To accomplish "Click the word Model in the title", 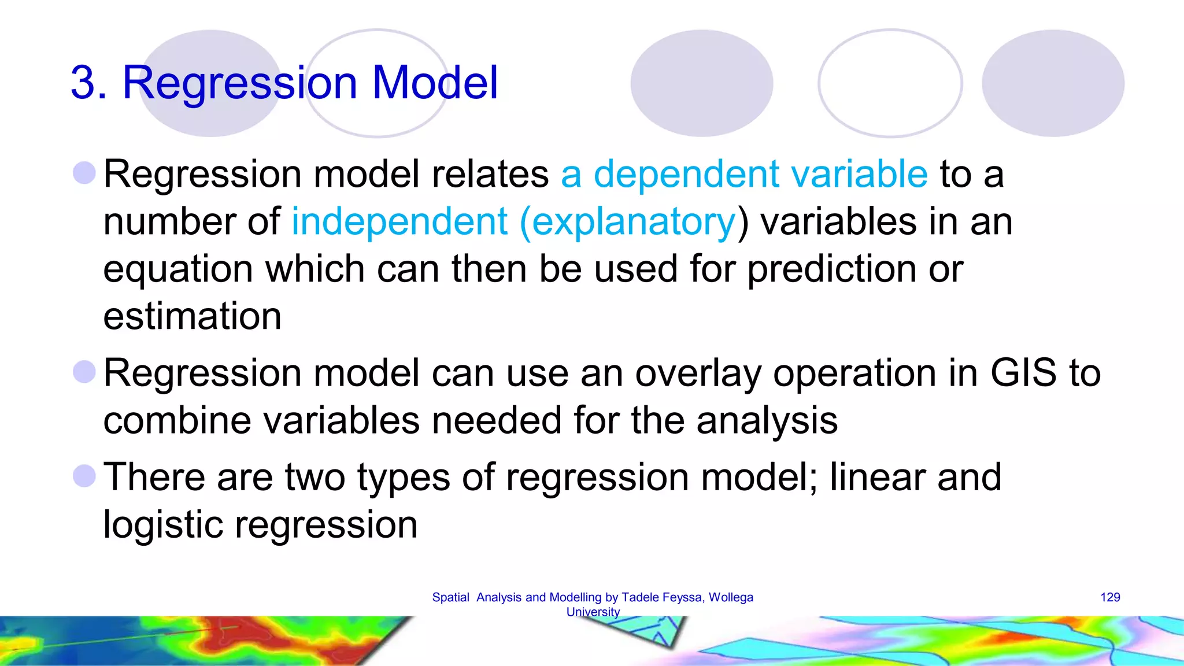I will pos(435,82).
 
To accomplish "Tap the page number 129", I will pos(1110,597).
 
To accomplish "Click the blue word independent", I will pos(399,221).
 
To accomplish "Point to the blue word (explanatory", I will pos(628,223).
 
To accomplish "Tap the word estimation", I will pos(192,316).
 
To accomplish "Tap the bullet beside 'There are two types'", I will pos(84,476).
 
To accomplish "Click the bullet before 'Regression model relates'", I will pos(84,173).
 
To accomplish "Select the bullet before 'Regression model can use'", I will pos(84,372).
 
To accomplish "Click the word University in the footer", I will pos(593,612).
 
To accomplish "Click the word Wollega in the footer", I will pos(731,597).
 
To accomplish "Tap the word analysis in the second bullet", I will pos(767,420).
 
